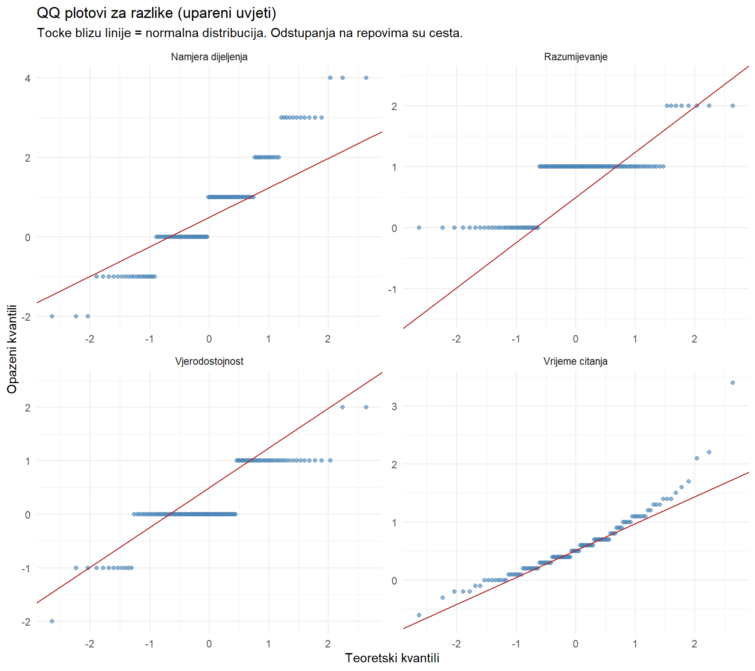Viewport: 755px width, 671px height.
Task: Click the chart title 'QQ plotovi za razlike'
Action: [156, 13]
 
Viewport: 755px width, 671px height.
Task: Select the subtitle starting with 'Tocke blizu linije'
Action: [249, 33]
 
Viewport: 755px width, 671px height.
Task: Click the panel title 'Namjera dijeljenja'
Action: [209, 57]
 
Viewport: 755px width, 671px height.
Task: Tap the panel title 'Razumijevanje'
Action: [575, 57]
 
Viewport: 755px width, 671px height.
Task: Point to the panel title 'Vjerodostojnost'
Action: [209, 361]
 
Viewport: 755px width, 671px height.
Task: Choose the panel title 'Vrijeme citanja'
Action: [575, 361]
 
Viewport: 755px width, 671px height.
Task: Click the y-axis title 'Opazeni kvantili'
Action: [12, 349]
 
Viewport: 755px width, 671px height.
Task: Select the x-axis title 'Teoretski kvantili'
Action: [392, 658]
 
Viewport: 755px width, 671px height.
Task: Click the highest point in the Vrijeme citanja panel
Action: [732, 383]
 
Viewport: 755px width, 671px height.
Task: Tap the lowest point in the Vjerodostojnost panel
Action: [52, 621]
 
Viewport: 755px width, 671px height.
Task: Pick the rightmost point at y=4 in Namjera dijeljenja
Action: [366, 78]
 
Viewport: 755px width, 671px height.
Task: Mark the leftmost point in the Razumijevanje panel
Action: [419, 228]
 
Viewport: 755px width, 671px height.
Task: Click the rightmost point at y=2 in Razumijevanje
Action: [732, 106]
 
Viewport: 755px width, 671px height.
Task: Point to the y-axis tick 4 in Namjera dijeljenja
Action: [28, 79]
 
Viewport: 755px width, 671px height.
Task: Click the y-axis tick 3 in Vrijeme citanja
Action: [394, 407]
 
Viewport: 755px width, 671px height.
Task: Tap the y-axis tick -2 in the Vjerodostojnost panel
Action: [26, 622]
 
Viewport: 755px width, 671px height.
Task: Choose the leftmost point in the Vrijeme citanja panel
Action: [419, 615]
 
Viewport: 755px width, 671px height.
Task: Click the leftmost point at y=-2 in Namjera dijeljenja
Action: [52, 316]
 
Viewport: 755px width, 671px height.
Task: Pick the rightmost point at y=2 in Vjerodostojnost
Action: [366, 407]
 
